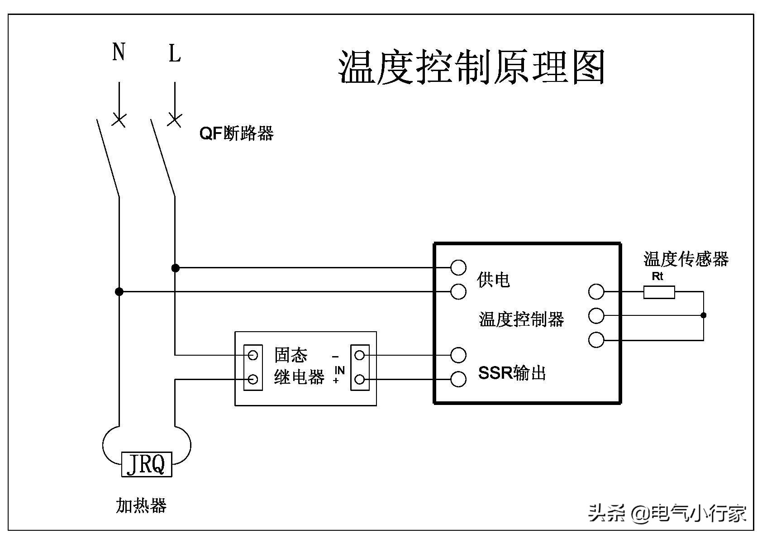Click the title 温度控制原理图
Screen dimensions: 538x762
472,67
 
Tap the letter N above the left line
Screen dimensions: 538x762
119,52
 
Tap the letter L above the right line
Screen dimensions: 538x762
175,53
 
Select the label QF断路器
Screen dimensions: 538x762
237,133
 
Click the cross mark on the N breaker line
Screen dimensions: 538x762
119,120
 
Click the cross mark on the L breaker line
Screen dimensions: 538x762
175,120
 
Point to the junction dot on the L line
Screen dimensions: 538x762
176,268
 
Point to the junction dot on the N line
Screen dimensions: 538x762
119,292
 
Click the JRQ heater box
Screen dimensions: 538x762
147,464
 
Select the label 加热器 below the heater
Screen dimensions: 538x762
141,505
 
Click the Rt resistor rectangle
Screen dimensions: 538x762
659,292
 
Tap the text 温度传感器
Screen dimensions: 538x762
686,259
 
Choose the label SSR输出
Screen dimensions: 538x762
512,373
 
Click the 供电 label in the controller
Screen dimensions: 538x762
493,280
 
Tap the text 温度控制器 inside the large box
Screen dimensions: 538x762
521,319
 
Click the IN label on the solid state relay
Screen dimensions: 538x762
339,371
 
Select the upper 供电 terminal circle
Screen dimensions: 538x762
458,267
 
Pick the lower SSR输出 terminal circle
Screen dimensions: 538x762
458,379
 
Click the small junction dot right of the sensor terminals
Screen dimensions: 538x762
703,315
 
